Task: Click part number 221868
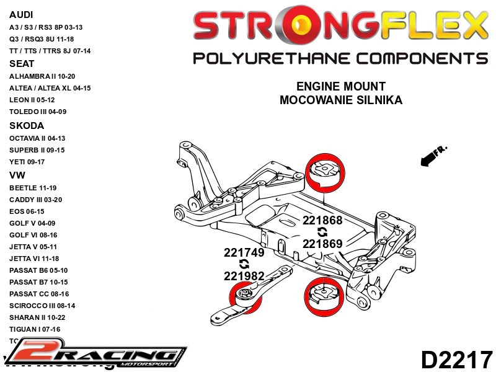(x=322, y=220)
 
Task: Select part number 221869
(x=322, y=244)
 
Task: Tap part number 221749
(x=244, y=252)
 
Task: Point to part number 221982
(x=244, y=276)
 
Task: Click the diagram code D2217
(x=456, y=360)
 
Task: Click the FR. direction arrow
(x=433, y=156)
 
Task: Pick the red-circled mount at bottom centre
(x=323, y=296)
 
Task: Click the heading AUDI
(x=22, y=14)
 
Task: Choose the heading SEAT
(x=22, y=64)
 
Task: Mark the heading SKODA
(x=25, y=125)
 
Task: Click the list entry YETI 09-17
(x=31, y=162)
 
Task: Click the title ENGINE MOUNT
(x=340, y=87)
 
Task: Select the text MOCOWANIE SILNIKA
(x=340, y=100)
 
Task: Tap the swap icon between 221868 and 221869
(x=322, y=232)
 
